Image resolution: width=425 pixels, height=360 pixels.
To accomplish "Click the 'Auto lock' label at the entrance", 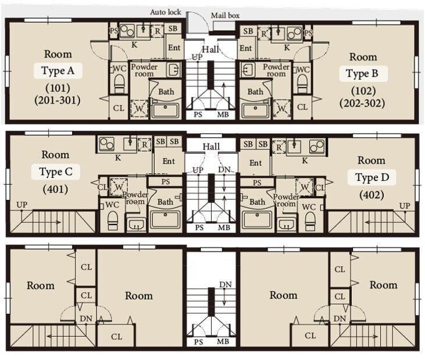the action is (166, 12).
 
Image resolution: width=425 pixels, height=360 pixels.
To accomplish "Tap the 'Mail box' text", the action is (225, 16).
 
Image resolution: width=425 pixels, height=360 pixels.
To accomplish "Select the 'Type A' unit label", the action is (58, 71).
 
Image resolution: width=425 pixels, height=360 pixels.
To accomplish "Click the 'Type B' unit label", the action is (362, 73).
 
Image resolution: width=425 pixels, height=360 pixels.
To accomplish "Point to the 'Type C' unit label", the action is (56, 172).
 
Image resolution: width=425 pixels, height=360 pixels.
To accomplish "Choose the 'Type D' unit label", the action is (372, 177).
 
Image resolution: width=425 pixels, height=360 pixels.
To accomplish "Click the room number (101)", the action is (58, 88).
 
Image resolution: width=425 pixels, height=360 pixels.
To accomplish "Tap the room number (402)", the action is (372, 195).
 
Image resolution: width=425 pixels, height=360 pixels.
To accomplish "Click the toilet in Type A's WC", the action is (119, 84).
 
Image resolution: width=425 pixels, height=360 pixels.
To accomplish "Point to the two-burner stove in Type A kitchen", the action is (127, 31).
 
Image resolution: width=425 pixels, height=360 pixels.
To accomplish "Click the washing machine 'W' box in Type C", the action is (119, 187).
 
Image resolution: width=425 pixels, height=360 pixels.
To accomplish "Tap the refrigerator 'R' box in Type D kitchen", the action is (279, 147).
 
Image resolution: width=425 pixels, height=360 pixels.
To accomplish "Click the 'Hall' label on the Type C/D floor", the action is (211, 147).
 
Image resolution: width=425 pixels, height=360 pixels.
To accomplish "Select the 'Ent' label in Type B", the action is (245, 48).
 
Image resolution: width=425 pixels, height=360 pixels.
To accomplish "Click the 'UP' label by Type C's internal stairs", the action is (22, 205).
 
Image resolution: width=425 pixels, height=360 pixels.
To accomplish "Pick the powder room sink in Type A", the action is (173, 70).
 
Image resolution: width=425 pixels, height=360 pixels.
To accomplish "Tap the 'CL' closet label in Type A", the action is (119, 108).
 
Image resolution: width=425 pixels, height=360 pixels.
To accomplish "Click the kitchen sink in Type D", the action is (294, 147).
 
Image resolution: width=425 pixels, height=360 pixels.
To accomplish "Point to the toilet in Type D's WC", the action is (310, 222).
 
